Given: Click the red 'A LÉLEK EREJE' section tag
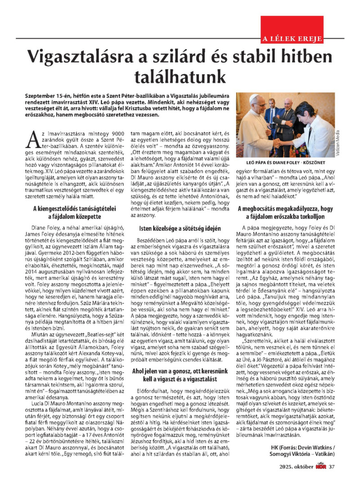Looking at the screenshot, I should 292,39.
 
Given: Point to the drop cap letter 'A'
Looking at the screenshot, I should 33,140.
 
